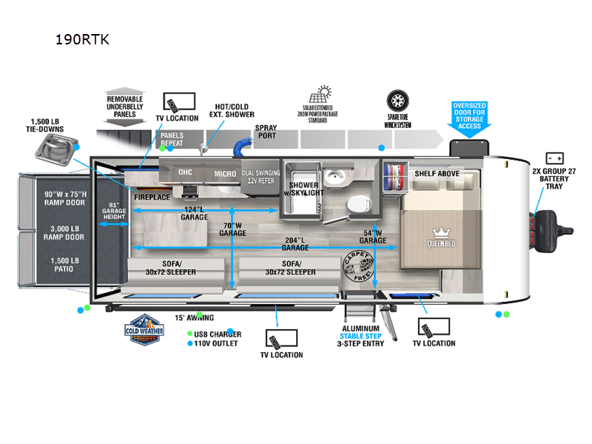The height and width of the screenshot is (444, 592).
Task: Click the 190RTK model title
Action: tap(82, 40)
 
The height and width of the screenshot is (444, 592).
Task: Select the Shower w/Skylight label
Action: tap(305, 189)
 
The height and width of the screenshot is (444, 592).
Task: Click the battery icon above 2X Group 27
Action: tap(555, 158)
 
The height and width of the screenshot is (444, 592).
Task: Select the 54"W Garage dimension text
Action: tap(373, 236)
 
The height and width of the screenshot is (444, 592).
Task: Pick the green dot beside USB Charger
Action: tap(190, 334)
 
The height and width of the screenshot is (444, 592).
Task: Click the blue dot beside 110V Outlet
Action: tap(190, 344)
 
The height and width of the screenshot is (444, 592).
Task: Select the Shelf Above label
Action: tap(437, 173)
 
